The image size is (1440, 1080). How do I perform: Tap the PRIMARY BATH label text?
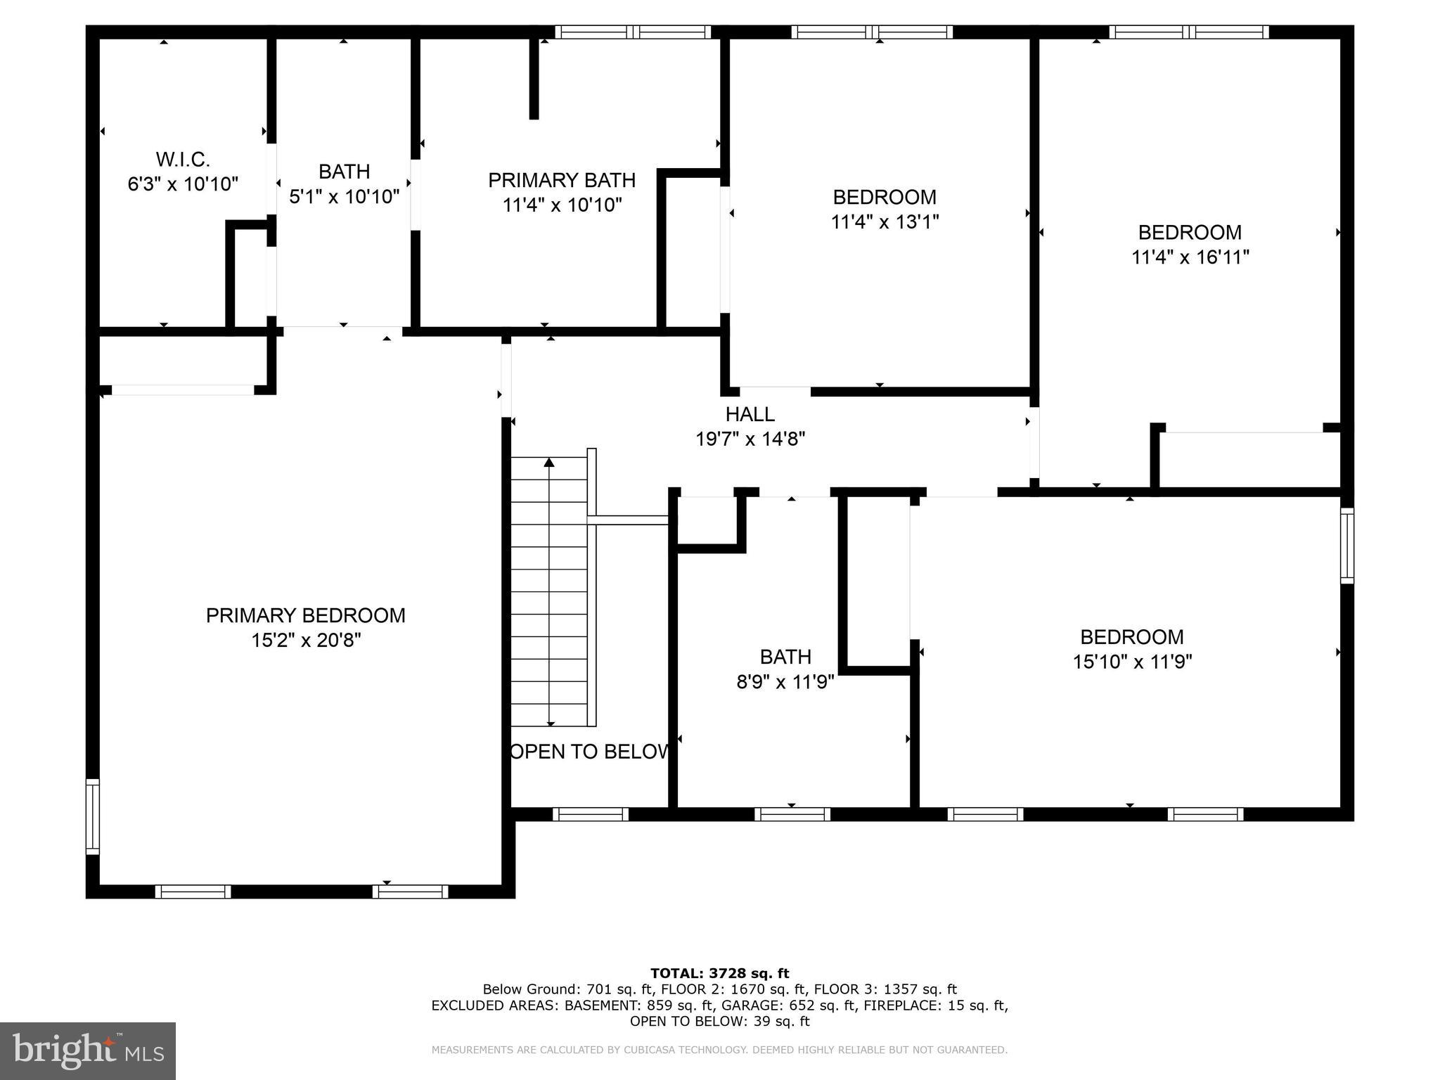tap(562, 181)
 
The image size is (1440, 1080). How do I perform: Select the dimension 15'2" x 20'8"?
tap(306, 641)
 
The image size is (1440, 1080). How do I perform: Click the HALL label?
tap(750, 414)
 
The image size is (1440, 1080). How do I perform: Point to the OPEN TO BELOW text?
tap(589, 752)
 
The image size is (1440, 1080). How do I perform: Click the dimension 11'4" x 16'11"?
tap(1190, 257)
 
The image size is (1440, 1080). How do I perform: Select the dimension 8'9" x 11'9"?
tap(785, 682)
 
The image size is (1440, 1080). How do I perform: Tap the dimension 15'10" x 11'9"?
tap(1132, 662)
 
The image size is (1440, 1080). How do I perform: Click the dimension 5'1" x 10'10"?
tap(345, 197)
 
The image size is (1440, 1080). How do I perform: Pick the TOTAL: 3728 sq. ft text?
tap(719, 974)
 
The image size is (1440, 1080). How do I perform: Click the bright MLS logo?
tap(88, 1050)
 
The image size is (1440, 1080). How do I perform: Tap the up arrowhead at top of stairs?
tap(549, 462)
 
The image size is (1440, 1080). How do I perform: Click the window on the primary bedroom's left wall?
tap(92, 816)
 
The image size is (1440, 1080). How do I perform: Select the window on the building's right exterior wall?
tap(1346, 546)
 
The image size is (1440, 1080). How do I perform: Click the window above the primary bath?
tap(633, 32)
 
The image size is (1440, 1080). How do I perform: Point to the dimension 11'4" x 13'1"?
tap(885, 222)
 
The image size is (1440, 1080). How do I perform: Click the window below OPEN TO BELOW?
tap(590, 814)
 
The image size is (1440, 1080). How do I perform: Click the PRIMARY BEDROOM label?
tap(306, 616)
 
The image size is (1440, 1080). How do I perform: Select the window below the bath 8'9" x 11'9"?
tap(792, 814)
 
